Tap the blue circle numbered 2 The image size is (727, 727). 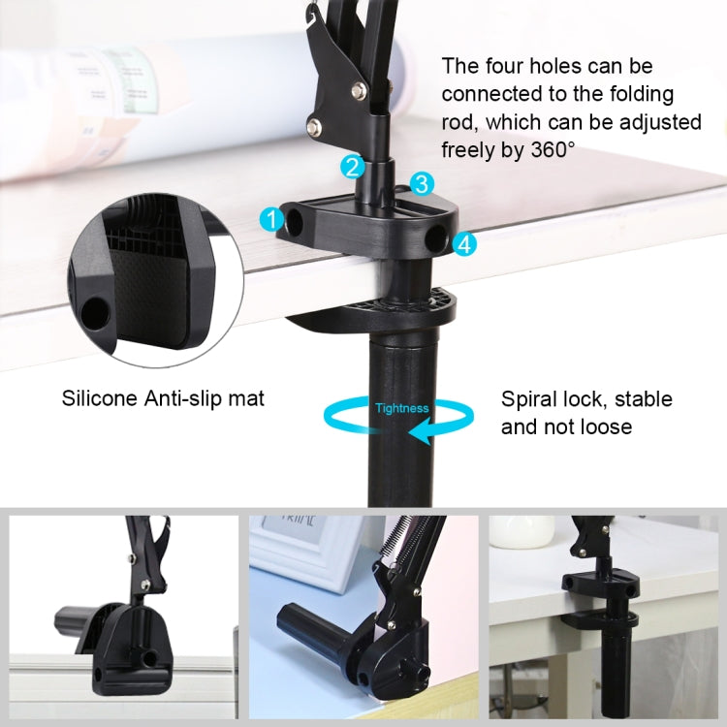point(353,167)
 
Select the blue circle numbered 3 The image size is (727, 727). point(421,183)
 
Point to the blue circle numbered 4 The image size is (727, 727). point(465,244)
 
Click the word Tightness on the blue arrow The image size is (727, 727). point(401,408)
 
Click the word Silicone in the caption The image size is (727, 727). point(98,397)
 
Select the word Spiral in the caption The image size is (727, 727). point(528,398)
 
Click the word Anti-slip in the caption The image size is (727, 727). point(179,397)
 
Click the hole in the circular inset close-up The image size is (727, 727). point(95,312)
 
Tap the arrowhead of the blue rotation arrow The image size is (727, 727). point(418,435)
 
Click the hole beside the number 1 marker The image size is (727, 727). point(295,222)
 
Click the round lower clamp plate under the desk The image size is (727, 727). point(407,309)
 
